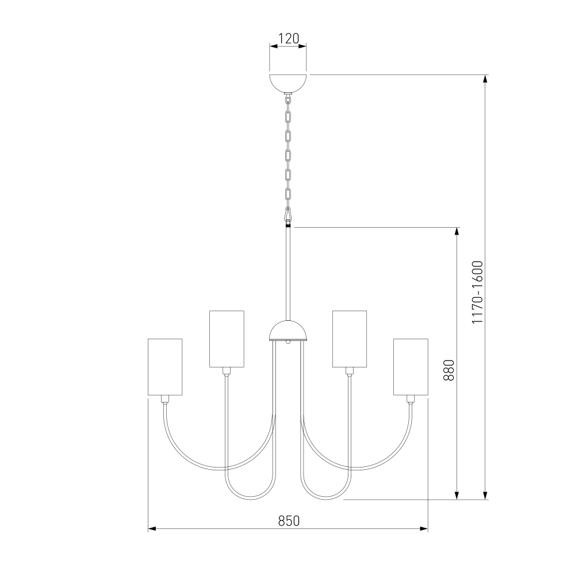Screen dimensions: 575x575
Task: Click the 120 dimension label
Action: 289,38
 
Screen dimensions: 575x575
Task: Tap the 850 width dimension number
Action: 289,521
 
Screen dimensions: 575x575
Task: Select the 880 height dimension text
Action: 449,370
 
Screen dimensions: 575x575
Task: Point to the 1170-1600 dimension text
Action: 477,292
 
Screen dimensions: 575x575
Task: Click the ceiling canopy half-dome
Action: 288,83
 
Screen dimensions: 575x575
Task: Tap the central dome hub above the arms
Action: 288,331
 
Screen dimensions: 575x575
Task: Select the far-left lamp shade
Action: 165,367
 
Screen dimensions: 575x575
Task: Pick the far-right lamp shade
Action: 411,367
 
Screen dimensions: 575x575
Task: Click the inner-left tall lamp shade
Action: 227,339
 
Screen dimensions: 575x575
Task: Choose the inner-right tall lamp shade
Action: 350,339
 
